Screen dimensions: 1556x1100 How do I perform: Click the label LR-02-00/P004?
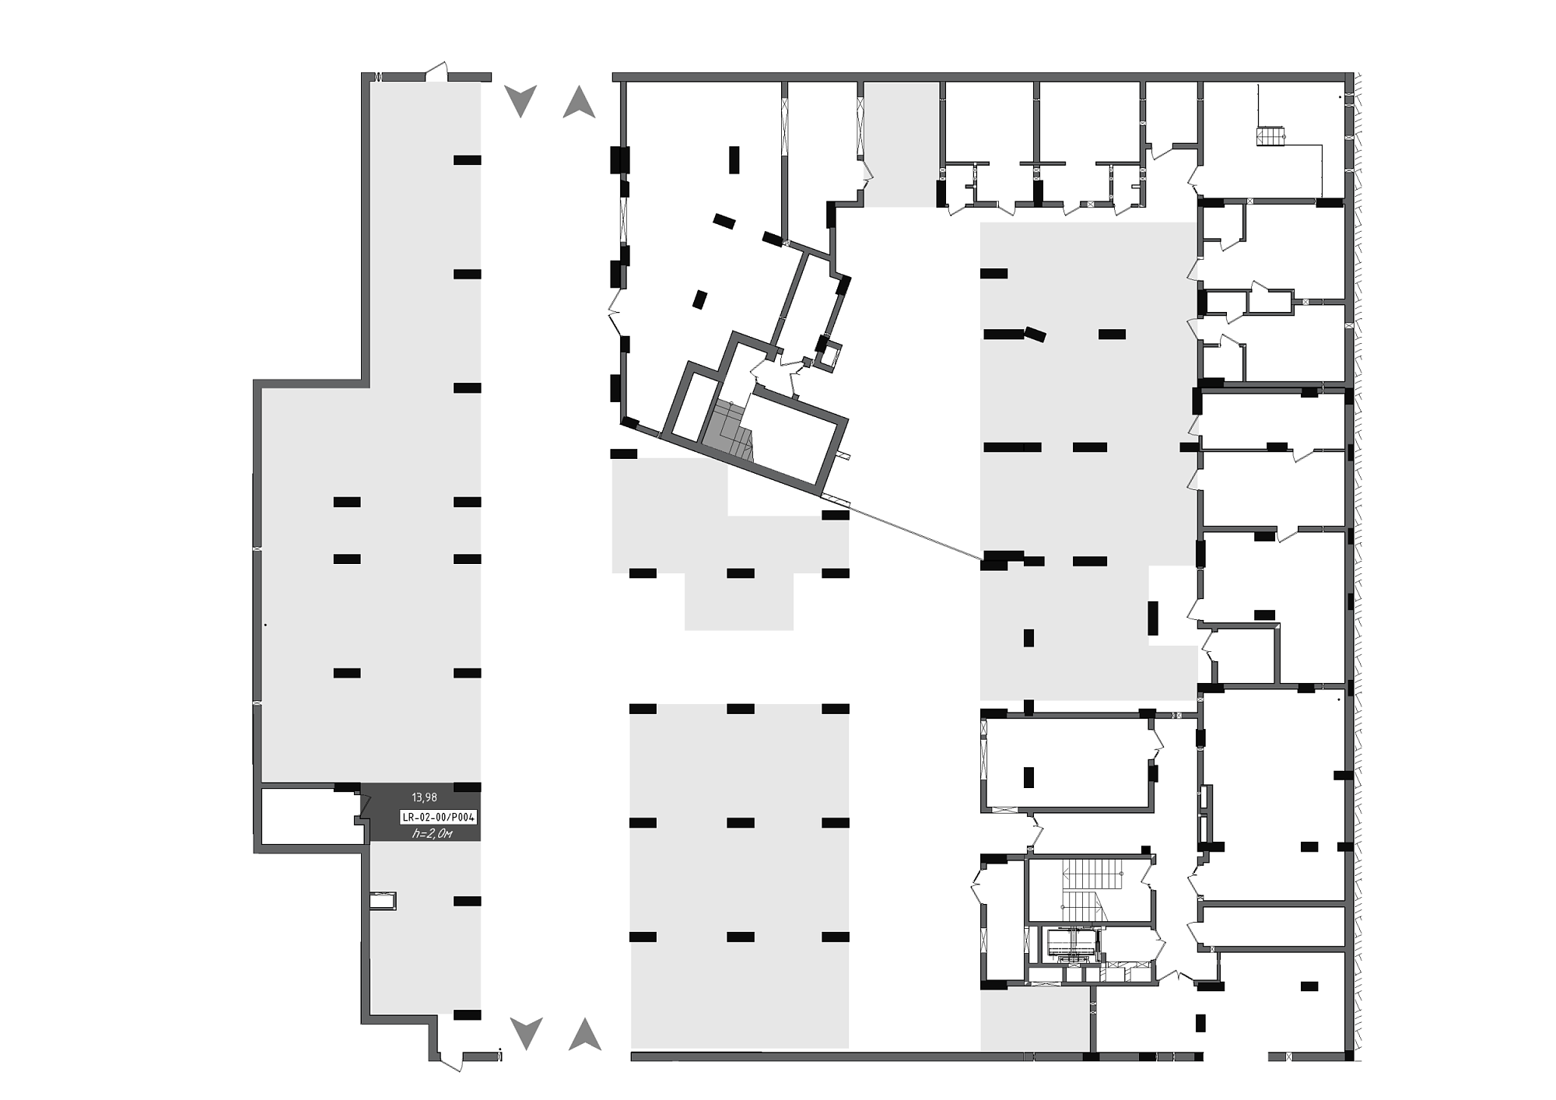click(438, 817)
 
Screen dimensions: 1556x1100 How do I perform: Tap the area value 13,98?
click(424, 797)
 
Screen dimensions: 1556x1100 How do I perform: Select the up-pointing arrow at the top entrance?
click(579, 102)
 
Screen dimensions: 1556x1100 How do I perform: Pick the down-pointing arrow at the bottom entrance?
click(526, 1034)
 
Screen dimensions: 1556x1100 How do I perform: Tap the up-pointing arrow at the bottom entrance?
click(585, 1034)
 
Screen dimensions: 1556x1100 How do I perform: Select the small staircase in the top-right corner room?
click(1270, 136)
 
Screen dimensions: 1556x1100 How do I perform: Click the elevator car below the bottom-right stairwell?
click(1071, 943)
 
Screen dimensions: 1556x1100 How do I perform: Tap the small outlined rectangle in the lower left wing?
click(384, 901)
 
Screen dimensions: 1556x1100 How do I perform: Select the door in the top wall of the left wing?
click(436, 72)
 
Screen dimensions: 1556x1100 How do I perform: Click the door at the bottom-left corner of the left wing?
click(451, 1060)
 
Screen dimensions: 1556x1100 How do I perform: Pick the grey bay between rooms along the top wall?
click(901, 145)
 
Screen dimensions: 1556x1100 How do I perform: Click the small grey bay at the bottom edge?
click(1034, 1019)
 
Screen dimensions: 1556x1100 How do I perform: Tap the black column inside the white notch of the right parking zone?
click(1153, 618)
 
